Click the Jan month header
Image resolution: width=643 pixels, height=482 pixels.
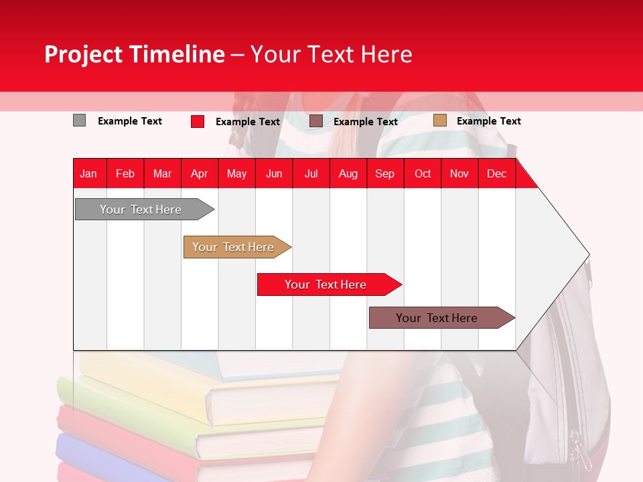pos(88,173)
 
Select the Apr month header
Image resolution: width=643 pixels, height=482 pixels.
pos(199,173)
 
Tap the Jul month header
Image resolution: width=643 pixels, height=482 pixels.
pos(311,173)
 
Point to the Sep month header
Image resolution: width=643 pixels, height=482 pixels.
pos(384,173)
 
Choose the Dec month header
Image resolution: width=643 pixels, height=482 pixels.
pos(496,173)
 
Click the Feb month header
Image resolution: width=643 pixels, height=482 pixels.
pos(125,173)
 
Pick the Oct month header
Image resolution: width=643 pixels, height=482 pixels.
pos(423,173)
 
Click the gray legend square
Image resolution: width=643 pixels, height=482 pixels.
pos(79,120)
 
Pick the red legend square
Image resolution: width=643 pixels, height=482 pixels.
pos(198,121)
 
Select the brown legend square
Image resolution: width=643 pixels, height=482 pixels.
pos(316,120)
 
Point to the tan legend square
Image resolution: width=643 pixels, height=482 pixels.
pos(439,120)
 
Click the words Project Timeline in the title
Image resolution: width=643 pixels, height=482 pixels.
pos(134,54)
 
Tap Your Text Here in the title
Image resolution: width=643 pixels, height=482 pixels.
pos(331,54)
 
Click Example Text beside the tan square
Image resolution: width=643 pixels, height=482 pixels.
pos(488,121)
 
